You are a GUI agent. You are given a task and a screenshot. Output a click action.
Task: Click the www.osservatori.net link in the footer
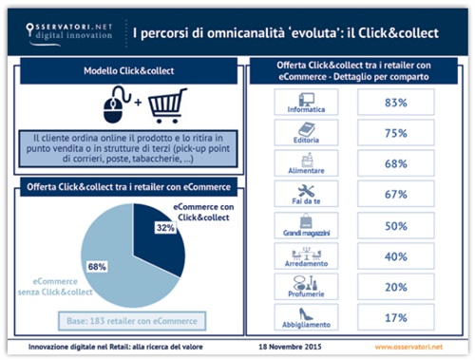413,348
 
